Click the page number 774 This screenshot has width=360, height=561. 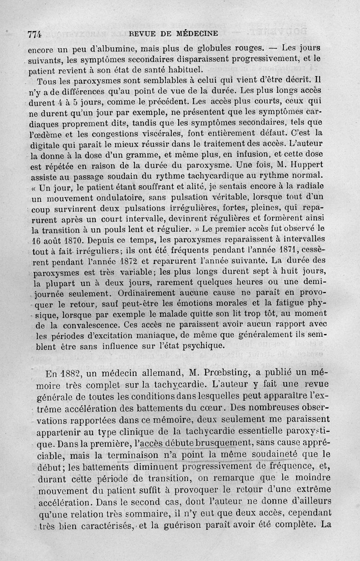35,34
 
